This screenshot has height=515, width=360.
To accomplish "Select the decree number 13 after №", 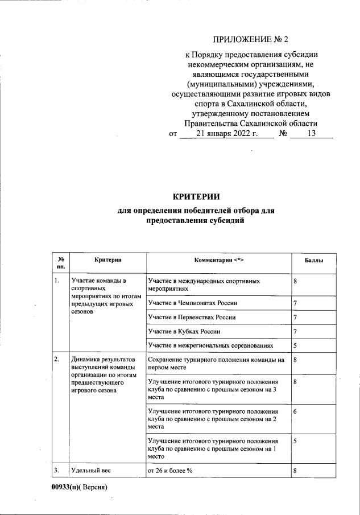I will click(311, 134).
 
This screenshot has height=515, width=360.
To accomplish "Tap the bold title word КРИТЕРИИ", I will click(196, 197).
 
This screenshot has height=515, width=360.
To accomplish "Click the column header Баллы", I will click(315, 261).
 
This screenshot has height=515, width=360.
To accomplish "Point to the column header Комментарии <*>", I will click(217, 261).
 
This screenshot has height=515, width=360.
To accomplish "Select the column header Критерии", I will click(107, 260).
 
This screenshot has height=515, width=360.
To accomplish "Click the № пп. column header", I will click(60, 263).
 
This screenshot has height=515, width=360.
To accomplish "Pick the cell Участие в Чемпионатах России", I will click(192, 303).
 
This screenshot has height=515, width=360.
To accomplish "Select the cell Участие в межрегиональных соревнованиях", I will click(210, 345).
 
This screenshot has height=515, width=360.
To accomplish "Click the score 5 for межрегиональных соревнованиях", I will click(295, 345).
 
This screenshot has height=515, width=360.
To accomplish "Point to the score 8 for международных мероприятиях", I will click(295, 282).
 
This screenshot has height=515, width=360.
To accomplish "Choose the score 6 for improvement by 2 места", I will click(295, 411).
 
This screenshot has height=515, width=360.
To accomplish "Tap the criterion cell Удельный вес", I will click(91, 470).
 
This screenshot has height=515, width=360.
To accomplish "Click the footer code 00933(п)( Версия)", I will click(79, 488).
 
